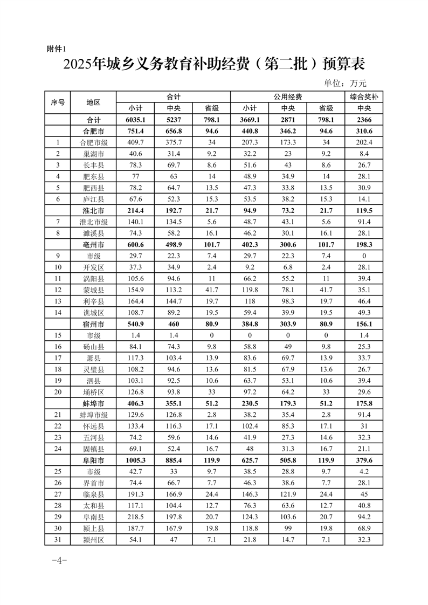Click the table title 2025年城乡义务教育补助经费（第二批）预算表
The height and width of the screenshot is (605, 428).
214,65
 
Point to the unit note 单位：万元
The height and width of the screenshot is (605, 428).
345,83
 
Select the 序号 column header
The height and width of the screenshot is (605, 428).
58,102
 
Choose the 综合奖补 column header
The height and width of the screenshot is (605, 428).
363,97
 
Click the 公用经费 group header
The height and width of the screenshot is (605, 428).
287,97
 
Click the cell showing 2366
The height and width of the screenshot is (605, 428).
363,119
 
